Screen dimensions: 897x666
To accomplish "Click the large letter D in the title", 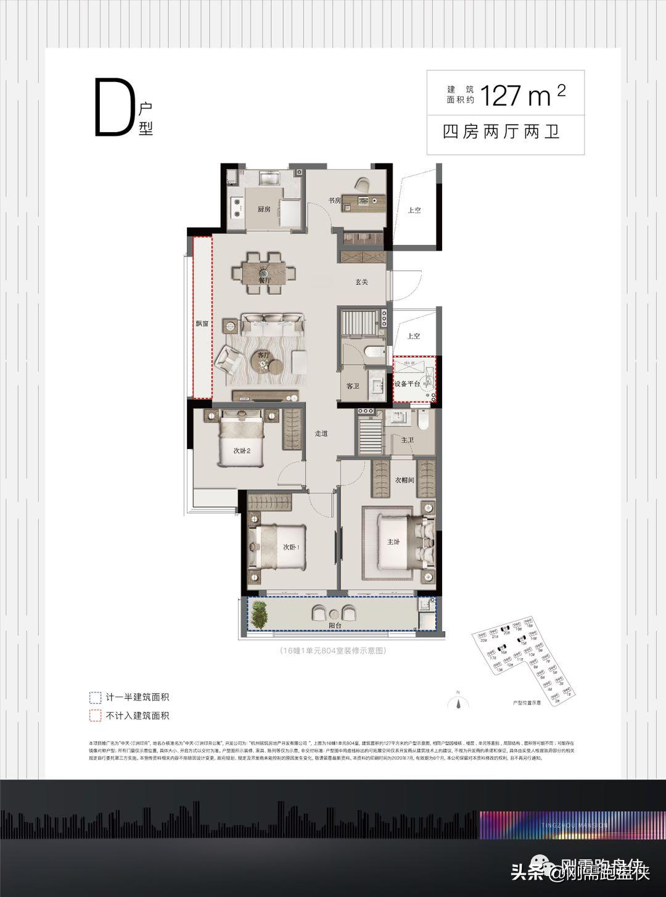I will (113, 109).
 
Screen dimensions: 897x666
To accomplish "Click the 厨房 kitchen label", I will (264, 209).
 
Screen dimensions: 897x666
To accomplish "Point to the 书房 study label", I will (334, 200).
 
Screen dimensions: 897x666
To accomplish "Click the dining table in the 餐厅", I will (264, 272).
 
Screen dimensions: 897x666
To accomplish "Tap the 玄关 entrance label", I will (361, 282).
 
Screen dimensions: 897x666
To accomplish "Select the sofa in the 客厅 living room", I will (273, 323).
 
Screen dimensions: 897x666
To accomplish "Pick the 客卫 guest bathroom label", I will (353, 386).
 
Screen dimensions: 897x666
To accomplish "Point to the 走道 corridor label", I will (321, 434).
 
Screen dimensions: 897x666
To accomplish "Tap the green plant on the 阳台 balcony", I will (258, 614).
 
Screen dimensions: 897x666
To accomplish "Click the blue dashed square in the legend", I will (95, 698).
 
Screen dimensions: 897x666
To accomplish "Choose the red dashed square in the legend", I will (95, 716).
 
